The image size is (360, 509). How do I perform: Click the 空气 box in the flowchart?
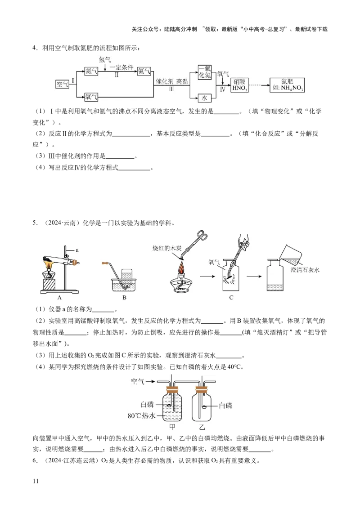point(62,85)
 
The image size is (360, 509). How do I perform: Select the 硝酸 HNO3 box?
point(239,85)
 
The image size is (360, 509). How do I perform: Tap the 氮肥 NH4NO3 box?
point(287,85)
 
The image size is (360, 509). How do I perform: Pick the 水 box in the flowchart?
point(204,98)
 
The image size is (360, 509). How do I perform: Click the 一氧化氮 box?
point(205,72)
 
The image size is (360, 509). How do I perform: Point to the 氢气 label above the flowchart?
point(104,59)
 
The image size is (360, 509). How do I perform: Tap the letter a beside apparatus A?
point(77,250)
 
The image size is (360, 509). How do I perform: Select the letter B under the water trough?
point(124,297)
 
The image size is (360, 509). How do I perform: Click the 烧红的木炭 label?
point(167,248)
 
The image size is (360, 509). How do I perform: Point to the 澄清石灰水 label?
point(305,270)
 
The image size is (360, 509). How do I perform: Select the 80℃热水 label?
point(141,416)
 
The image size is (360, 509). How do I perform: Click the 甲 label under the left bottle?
point(172,427)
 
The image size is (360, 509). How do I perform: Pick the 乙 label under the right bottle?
point(202,427)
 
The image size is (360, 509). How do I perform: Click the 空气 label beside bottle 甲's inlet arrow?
point(137,381)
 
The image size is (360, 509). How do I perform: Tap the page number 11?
point(36,481)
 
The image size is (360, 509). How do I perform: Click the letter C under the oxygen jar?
point(231,297)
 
